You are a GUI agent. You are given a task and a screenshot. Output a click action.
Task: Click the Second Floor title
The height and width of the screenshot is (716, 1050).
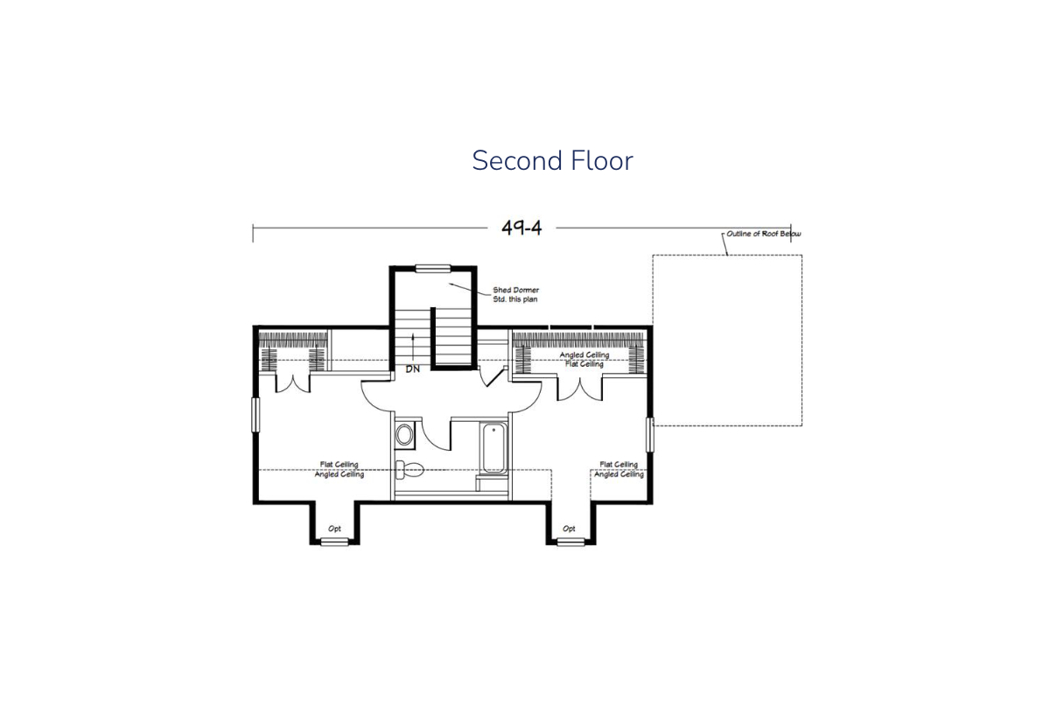552,160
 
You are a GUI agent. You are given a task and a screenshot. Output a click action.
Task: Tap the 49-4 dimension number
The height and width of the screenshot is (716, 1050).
521,228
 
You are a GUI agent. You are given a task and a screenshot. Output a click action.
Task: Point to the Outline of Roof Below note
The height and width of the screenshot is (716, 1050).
764,234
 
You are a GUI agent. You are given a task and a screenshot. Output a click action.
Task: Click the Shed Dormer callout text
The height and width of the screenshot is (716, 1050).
515,294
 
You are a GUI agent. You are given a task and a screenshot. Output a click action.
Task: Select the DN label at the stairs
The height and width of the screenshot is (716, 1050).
412,369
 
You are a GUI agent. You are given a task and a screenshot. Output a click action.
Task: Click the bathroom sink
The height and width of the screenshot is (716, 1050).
404,435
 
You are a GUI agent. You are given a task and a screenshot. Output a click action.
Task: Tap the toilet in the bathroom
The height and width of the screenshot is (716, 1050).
409,469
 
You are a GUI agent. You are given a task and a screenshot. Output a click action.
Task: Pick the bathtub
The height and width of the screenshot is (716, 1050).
493,448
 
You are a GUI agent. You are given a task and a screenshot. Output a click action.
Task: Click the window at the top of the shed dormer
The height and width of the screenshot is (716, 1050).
432,268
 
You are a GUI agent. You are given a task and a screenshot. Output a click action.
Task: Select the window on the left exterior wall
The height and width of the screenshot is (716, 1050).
255,415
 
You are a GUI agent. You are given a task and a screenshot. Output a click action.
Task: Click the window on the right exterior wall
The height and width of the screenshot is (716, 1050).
649,435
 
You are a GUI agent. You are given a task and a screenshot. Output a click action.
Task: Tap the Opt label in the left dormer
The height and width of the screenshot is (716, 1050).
334,529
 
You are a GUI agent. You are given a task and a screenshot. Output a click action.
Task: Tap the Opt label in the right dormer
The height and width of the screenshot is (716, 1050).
569,529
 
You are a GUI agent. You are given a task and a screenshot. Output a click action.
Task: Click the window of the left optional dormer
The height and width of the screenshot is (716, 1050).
334,543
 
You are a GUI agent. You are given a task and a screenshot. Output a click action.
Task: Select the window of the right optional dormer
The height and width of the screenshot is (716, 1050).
570,543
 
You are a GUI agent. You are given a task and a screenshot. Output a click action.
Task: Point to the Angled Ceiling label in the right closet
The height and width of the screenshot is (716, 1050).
584,355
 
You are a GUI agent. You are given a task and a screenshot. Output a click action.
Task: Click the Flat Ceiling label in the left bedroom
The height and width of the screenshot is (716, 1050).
339,464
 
